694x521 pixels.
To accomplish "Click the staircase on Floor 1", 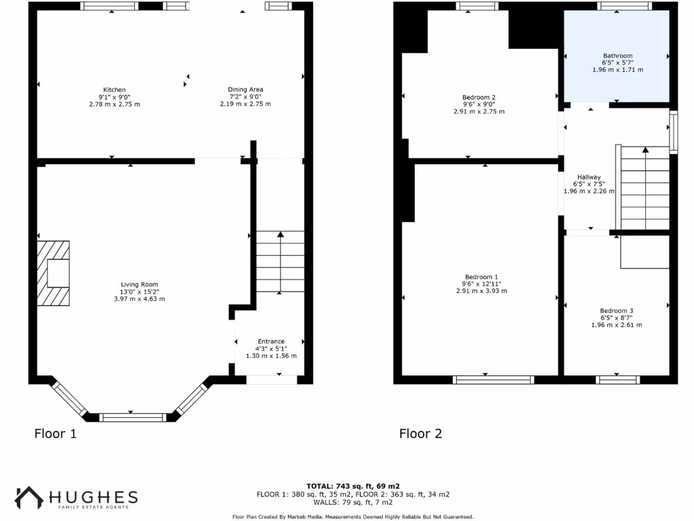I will pyautogui.click(x=280, y=262).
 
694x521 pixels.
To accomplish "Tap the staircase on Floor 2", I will pyautogui.click(x=645, y=188).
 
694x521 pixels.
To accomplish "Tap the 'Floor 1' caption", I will pyautogui.click(x=56, y=433).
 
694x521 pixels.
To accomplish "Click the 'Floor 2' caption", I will pyautogui.click(x=420, y=433).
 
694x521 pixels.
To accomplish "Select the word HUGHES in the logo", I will pyautogui.click(x=94, y=497).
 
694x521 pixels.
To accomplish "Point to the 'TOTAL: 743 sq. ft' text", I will pyautogui.click(x=352, y=486).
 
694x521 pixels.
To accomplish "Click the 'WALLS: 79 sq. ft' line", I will pyautogui.click(x=352, y=503).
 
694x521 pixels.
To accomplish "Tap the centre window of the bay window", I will pyautogui.click(x=131, y=417).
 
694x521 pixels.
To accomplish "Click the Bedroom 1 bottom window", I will pyautogui.click(x=493, y=379).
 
